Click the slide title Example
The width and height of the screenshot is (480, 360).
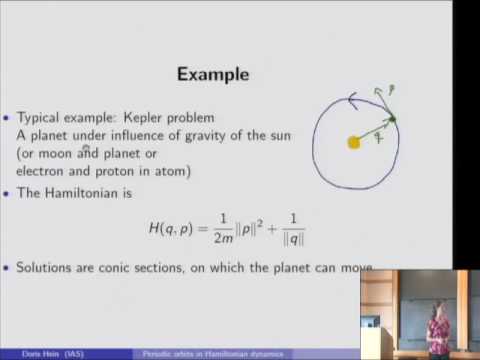click(x=212, y=74)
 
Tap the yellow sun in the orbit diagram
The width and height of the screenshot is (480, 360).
click(x=353, y=142)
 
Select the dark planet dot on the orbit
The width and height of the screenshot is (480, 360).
click(x=392, y=120)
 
